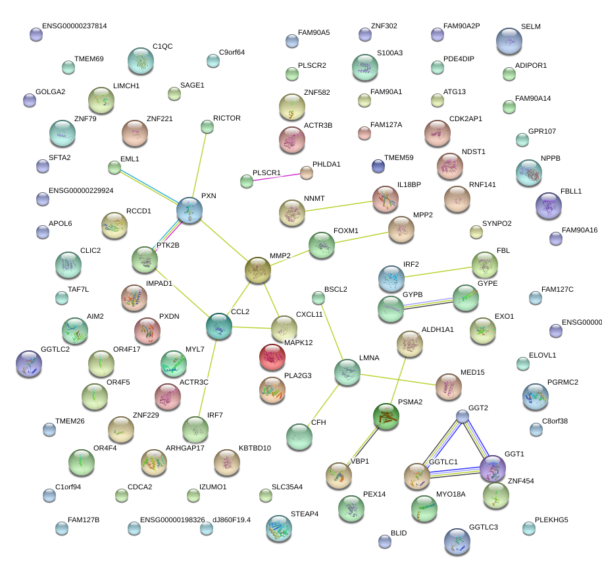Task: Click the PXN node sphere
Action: [x=189, y=211]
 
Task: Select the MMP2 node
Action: [x=258, y=270]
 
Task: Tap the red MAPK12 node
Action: [x=272, y=357]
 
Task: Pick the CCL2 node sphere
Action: [x=219, y=326]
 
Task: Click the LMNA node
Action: [x=347, y=373]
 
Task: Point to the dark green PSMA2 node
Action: [x=386, y=416]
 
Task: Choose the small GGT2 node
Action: [x=463, y=416]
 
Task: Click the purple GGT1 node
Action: [x=492, y=468]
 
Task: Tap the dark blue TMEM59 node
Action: [x=378, y=166]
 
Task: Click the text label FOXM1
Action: [x=346, y=231]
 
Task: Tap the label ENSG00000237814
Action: [x=74, y=26]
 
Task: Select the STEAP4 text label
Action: [x=305, y=513]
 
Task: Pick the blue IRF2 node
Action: [x=392, y=279]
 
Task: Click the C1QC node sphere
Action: [x=140, y=61]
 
